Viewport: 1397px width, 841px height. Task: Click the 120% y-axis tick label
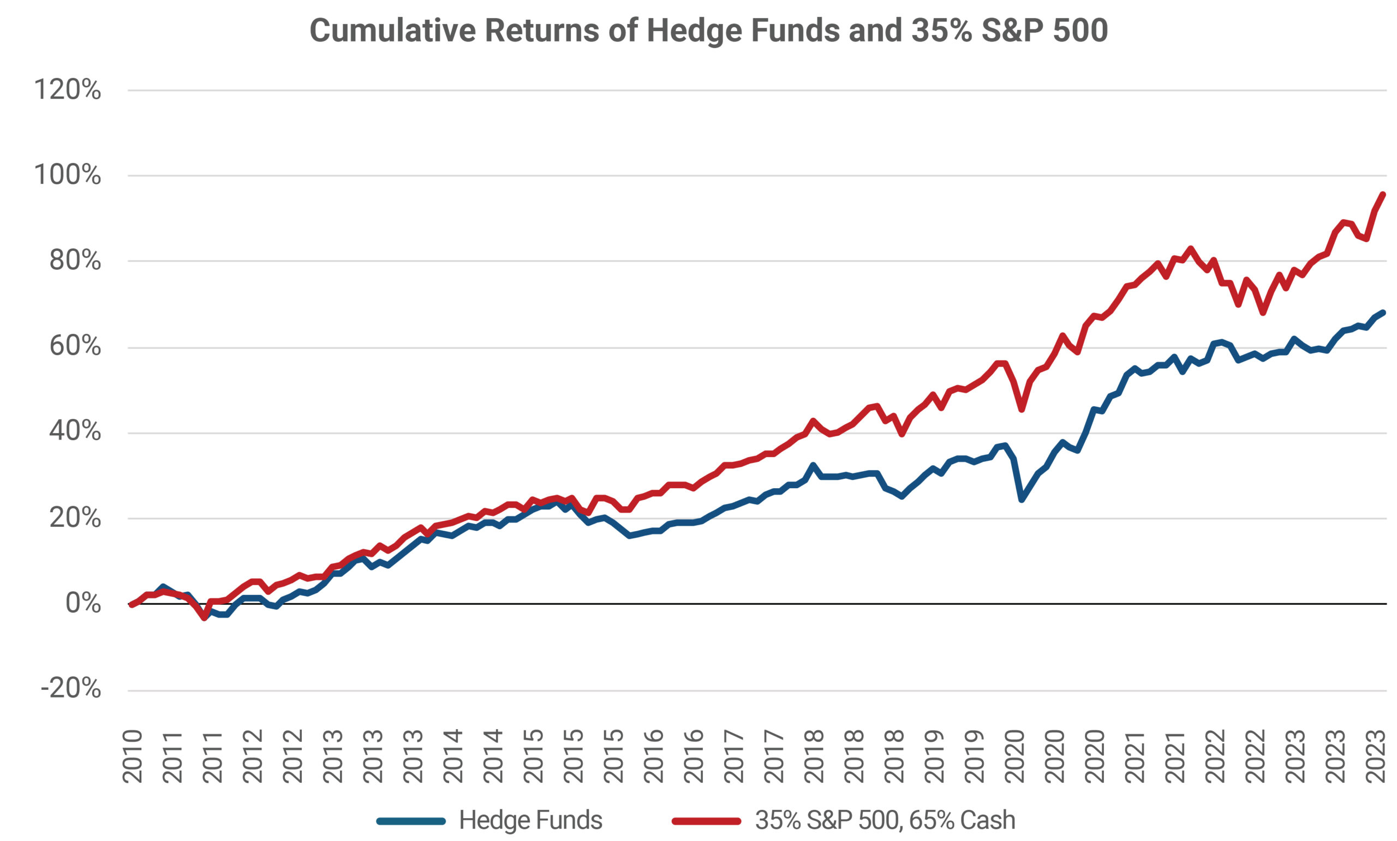coord(68,89)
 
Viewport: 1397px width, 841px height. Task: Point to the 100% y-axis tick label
coord(68,175)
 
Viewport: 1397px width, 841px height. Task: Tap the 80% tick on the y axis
coord(75,261)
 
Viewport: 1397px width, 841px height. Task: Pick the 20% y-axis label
coord(75,518)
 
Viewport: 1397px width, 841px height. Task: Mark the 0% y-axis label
coord(83,604)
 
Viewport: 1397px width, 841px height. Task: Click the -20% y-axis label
coord(71,689)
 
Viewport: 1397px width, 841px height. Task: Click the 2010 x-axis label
coord(133,756)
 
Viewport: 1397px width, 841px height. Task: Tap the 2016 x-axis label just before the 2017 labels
coord(694,756)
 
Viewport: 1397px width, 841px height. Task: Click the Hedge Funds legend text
coord(530,820)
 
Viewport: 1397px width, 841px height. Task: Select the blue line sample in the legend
coord(411,821)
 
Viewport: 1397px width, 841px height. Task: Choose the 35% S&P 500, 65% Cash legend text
coord(885,820)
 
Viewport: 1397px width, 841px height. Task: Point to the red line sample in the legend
coord(707,821)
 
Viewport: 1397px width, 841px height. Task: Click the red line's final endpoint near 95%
coord(1383,194)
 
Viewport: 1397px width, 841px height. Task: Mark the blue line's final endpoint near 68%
coord(1383,313)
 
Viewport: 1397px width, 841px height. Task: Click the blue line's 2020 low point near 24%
coord(1022,499)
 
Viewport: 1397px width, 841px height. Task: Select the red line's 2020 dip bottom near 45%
coord(1022,409)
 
